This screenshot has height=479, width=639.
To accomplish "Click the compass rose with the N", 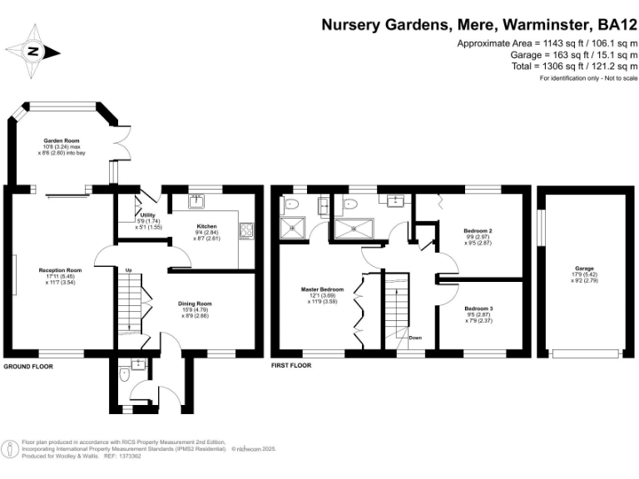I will click(x=32, y=52).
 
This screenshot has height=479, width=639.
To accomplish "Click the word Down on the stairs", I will click(x=415, y=338).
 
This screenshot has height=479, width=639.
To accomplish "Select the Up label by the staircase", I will click(x=129, y=270).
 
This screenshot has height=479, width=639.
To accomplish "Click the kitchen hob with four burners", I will click(x=247, y=232).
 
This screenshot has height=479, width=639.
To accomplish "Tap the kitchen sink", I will click(x=199, y=200).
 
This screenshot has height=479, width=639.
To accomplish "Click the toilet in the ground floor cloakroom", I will click(x=125, y=375).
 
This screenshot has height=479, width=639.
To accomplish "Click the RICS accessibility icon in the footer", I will click(x=11, y=450).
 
